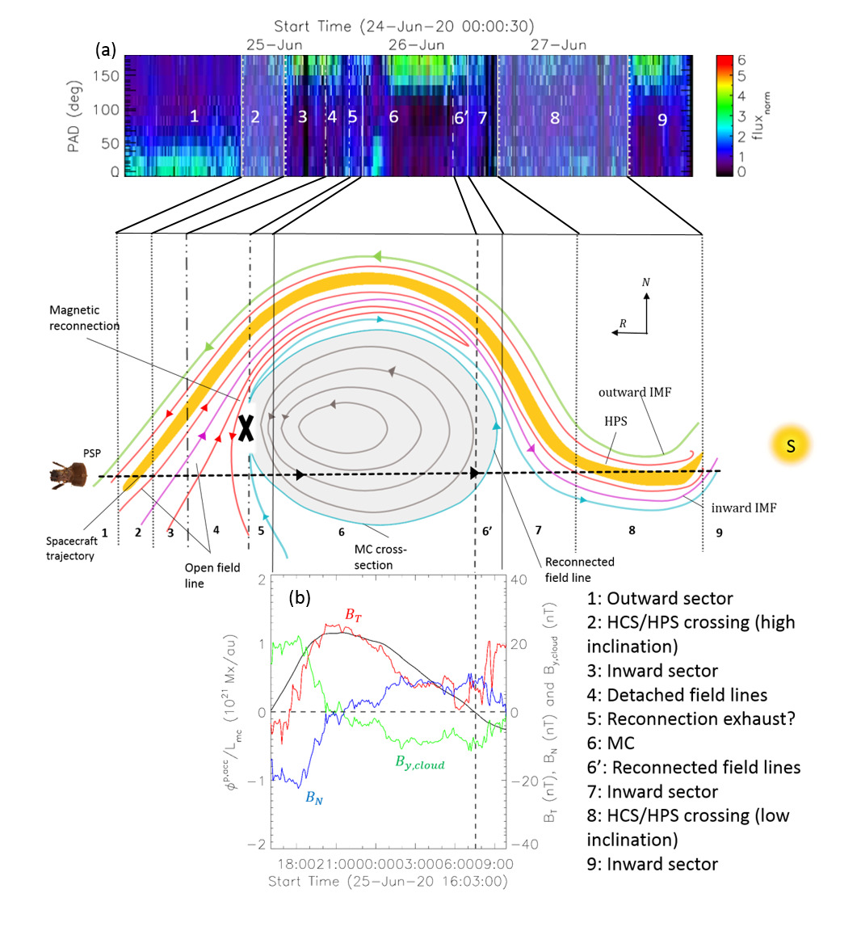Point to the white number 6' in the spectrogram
click(460, 118)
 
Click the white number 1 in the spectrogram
click(194, 116)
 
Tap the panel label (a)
click(106, 50)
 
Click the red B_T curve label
click(355, 615)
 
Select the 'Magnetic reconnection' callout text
click(84, 318)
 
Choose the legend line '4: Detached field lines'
click(676, 694)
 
